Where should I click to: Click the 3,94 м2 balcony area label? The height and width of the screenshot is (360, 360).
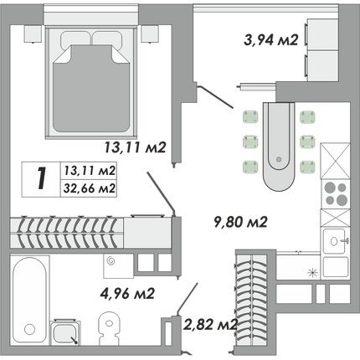[271, 40]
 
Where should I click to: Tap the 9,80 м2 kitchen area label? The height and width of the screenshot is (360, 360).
[241, 222]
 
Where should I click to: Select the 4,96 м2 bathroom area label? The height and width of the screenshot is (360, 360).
[127, 293]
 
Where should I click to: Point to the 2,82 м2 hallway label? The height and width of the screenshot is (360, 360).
[210, 324]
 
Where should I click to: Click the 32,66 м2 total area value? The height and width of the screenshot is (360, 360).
[90, 188]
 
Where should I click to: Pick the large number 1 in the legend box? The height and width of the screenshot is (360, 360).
[41, 179]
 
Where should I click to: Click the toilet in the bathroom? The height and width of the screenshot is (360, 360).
[110, 328]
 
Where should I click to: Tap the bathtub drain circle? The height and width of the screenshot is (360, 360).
[29, 329]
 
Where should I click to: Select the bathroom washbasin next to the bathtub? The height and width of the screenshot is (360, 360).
[65, 332]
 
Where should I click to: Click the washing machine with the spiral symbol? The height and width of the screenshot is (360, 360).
[118, 265]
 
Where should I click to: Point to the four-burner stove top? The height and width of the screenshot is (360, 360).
[336, 193]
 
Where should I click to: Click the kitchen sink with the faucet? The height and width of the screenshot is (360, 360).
[336, 241]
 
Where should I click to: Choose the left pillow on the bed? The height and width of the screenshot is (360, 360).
[75, 39]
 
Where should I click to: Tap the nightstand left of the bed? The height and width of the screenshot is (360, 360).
[33, 34]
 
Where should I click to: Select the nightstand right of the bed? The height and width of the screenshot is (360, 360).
[150, 34]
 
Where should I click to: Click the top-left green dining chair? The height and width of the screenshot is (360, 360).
[250, 116]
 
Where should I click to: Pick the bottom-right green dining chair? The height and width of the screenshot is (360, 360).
[307, 167]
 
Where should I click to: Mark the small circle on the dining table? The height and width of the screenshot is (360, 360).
[278, 159]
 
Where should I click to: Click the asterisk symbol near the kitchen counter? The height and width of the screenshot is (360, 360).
[312, 272]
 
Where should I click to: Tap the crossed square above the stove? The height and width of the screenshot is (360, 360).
[335, 161]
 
